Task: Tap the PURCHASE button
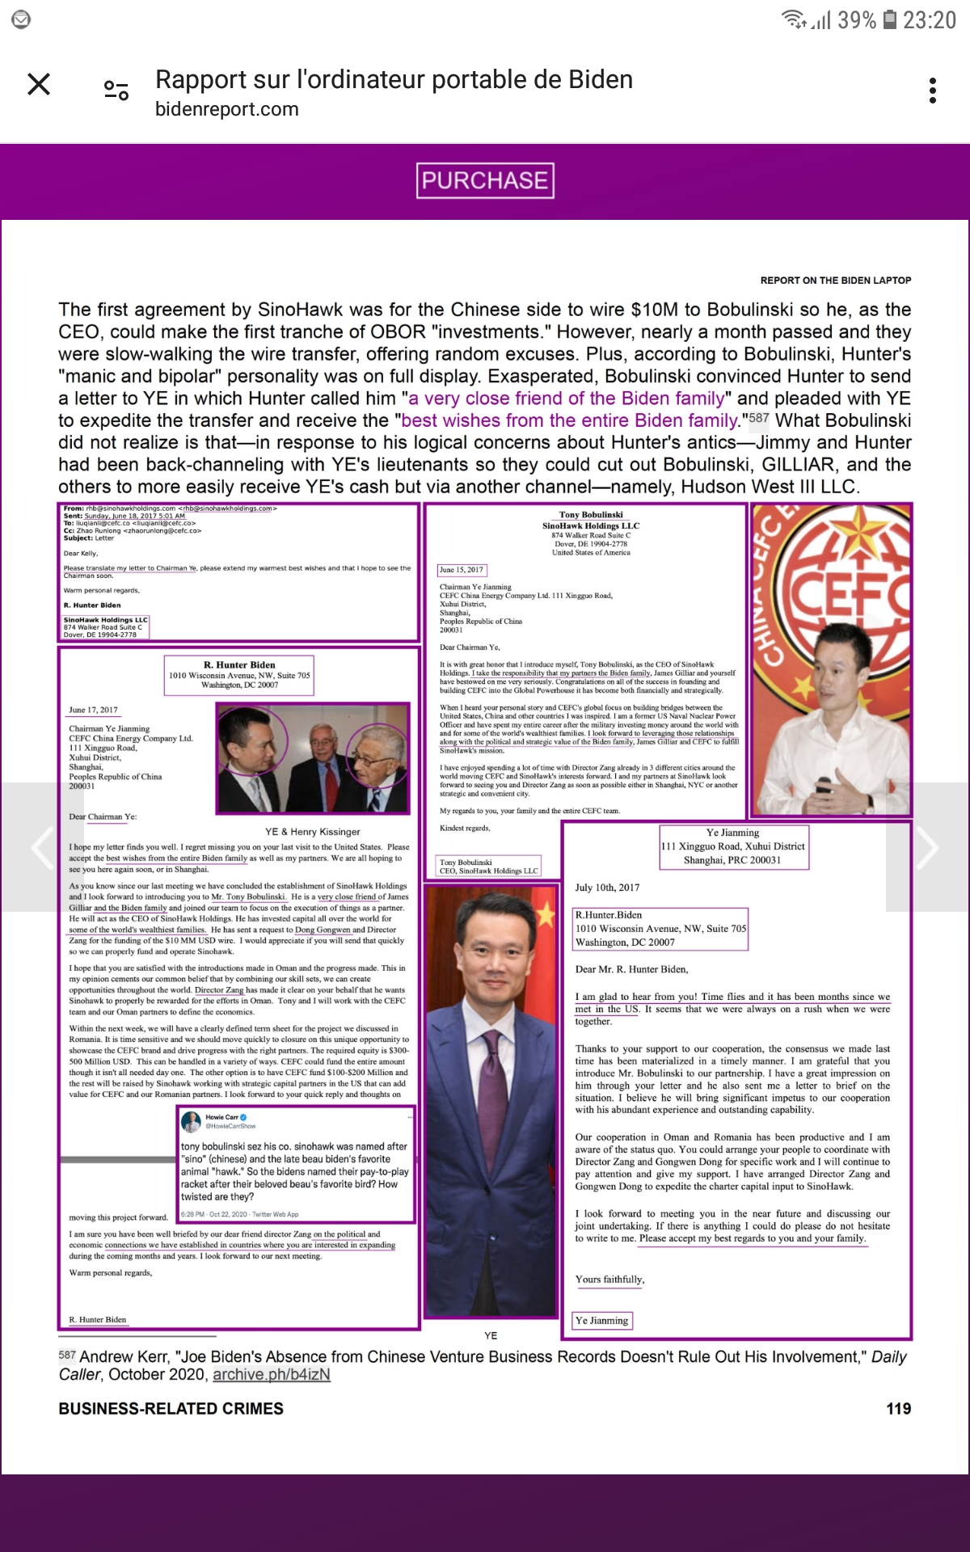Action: [485, 180]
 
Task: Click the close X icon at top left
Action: [39, 84]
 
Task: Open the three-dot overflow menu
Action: [933, 91]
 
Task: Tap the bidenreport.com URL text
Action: [227, 109]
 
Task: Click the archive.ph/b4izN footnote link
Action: [272, 1374]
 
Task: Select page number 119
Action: [898, 1409]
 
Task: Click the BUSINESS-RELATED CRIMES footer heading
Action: [171, 1409]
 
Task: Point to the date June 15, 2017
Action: [462, 570]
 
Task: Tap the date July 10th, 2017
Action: [607, 888]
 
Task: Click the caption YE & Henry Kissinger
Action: [313, 832]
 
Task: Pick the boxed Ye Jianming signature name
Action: [602, 1321]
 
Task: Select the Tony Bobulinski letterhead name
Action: [591, 515]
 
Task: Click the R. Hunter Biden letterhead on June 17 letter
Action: [239, 665]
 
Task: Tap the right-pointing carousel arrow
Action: [927, 847]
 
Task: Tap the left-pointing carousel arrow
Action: [42, 847]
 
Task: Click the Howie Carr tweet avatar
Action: [192, 1121]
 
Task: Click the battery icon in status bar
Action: [889, 19]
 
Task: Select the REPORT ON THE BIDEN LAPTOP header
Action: [835, 280]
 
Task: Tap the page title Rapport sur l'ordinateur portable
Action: [394, 80]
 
